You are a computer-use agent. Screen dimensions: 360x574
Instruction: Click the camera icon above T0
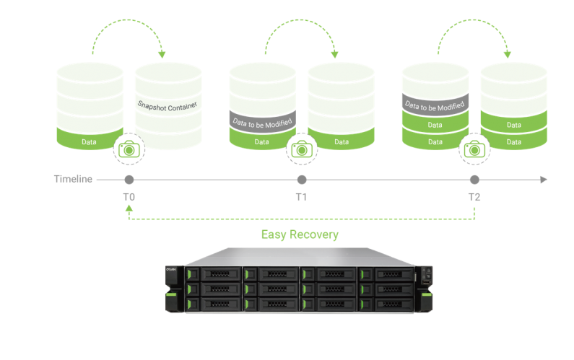click(130, 149)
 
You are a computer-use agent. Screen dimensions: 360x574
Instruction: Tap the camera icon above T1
click(302, 149)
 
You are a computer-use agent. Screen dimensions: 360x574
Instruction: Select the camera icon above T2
click(474, 149)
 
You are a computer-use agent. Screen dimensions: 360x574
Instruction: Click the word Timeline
click(73, 180)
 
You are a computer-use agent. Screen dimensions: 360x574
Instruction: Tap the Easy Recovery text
click(300, 234)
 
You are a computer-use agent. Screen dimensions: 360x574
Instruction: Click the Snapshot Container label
click(168, 105)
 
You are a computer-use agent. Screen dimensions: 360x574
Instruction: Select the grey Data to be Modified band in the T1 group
click(262, 122)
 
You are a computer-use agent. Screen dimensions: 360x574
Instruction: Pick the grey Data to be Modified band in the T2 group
click(435, 105)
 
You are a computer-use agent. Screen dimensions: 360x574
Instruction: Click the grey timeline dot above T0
click(129, 180)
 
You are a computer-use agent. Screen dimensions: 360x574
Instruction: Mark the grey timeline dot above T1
click(302, 180)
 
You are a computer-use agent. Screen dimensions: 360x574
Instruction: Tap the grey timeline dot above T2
click(474, 180)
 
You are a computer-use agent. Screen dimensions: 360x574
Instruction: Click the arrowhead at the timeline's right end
click(544, 180)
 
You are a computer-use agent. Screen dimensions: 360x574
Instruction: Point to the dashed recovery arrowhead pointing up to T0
click(129, 208)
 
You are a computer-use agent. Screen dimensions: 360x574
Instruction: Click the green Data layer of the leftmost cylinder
click(90, 141)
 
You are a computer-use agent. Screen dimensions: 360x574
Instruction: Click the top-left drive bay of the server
click(214, 274)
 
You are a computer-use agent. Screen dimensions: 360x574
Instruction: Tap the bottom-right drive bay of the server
click(387, 304)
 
